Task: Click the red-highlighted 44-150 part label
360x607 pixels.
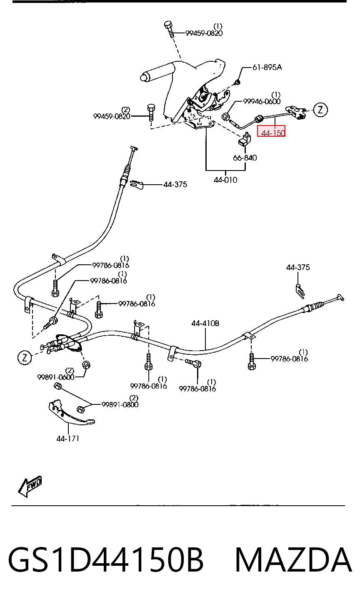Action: click(271, 131)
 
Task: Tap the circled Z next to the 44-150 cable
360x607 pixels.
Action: click(320, 110)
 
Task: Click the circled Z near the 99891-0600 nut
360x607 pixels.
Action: click(25, 357)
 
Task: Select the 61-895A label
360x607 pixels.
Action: click(267, 67)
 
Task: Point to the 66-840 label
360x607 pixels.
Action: click(245, 158)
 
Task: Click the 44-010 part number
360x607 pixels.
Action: click(225, 180)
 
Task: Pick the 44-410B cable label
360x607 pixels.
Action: click(205, 323)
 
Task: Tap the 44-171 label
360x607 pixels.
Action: click(68, 439)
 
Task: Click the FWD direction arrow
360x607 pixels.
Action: click(30, 487)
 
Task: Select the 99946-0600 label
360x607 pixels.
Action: click(262, 101)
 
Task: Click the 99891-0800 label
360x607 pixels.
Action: click(120, 404)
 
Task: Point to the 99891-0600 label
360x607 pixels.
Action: click(56, 377)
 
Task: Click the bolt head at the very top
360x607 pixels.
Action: click(168, 24)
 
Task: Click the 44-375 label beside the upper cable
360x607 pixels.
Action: click(175, 185)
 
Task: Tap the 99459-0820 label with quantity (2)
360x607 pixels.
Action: click(112, 116)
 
